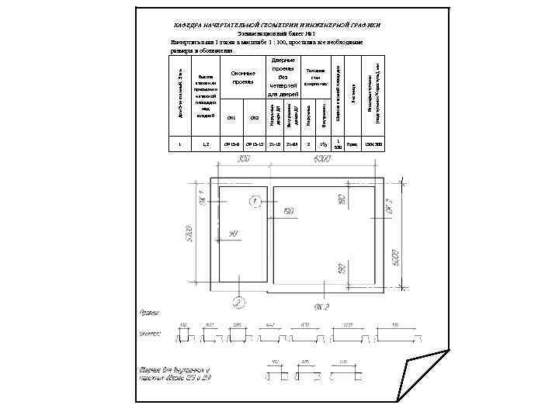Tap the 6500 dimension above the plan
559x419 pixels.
[322, 159]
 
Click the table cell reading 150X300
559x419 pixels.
[373, 144]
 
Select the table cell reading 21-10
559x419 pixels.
[274, 144]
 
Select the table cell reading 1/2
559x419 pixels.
[323, 144]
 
